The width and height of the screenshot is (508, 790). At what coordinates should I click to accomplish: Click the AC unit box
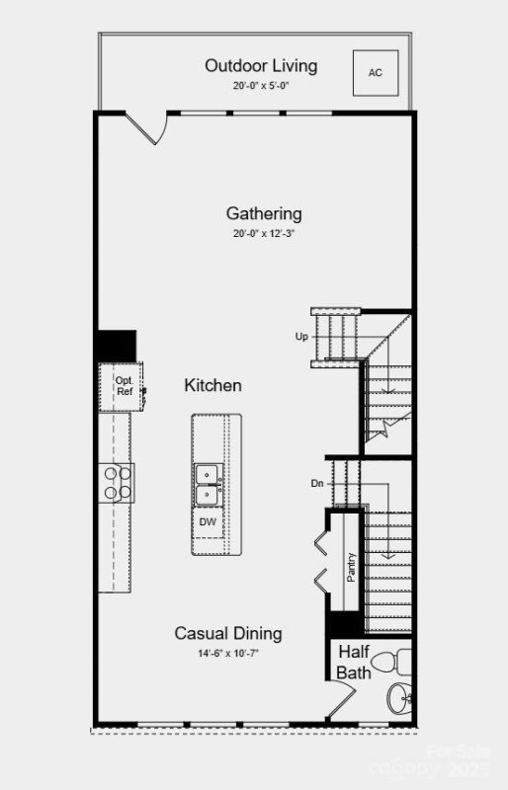pyautogui.click(x=375, y=72)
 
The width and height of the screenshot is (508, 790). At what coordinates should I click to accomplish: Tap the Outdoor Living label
pyautogui.click(x=261, y=66)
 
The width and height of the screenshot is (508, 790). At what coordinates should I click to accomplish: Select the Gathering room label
pyautogui.click(x=264, y=213)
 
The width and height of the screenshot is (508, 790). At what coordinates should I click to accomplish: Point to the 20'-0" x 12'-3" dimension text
pyautogui.click(x=264, y=234)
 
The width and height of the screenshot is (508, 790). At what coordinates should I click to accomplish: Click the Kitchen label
pyautogui.click(x=212, y=385)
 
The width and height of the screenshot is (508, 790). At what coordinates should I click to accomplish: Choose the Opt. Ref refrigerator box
pyautogui.click(x=123, y=386)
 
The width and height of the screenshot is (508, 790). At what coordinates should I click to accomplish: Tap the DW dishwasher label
pyautogui.click(x=208, y=521)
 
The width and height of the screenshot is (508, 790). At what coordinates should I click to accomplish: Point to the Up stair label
pyautogui.click(x=301, y=337)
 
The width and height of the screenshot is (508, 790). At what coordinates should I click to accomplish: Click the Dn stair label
pyautogui.click(x=317, y=483)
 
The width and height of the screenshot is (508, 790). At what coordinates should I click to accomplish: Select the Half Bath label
pyautogui.click(x=354, y=663)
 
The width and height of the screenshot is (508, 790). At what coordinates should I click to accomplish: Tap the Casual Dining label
pyautogui.click(x=228, y=634)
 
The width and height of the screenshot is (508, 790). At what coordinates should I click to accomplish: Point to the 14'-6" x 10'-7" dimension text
pyautogui.click(x=228, y=653)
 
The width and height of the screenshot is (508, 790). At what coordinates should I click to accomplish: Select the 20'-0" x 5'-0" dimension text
pyautogui.click(x=261, y=86)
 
